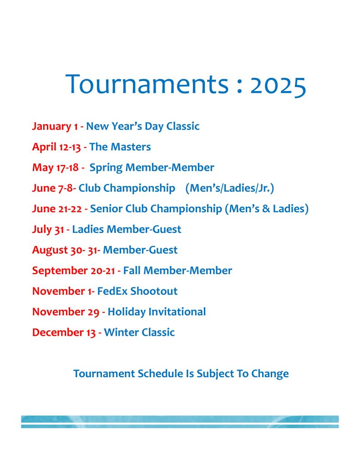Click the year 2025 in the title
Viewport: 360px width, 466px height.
pyautogui.click(x=278, y=86)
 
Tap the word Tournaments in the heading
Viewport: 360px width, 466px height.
pyautogui.click(x=147, y=84)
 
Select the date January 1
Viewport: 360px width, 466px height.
pyautogui.click(x=55, y=126)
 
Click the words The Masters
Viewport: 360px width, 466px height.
pyautogui.click(x=120, y=147)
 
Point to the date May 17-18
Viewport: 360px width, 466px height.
pyautogui.click(x=55, y=168)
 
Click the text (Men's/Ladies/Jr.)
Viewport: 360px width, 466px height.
pyautogui.click(x=229, y=188)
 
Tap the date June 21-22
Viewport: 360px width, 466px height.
pyautogui.click(x=57, y=209)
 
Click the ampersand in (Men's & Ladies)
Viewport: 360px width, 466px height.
pyautogui.click(x=266, y=209)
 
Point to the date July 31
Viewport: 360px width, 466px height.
pyautogui.click(x=48, y=230)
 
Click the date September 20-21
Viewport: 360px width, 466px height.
pyautogui.click(x=73, y=271)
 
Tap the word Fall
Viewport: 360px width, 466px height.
pyautogui.click(x=132, y=271)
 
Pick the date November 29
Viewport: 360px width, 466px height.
pyautogui.click(x=66, y=312)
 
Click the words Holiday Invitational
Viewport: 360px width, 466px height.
pyautogui.click(x=157, y=312)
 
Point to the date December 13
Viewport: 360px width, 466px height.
pyautogui.click(x=64, y=333)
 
